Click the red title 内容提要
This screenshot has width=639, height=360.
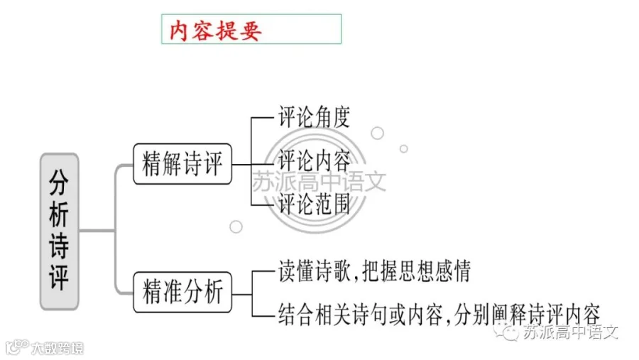pyautogui.click(x=215, y=30)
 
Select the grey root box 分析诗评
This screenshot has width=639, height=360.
pyautogui.click(x=60, y=231)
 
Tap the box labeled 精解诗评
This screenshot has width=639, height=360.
pyautogui.click(x=182, y=164)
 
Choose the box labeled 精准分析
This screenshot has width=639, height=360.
pyautogui.click(x=182, y=293)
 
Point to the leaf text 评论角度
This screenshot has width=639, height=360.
pyautogui.click(x=314, y=117)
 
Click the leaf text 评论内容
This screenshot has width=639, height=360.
pyautogui.click(x=314, y=160)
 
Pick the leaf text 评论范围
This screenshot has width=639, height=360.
pyautogui.click(x=314, y=204)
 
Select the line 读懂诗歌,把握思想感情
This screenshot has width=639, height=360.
pyautogui.click(x=374, y=271)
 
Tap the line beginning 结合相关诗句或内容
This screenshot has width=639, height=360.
pyautogui.click(x=439, y=315)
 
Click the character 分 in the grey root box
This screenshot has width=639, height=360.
pyautogui.click(x=59, y=182)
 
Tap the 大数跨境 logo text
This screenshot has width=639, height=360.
pyautogui.click(x=57, y=348)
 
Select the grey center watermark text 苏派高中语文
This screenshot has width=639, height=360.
pyautogui.click(x=319, y=182)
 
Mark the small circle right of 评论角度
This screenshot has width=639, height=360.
pyautogui.click(x=378, y=133)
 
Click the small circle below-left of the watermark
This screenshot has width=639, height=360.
pyautogui.click(x=236, y=227)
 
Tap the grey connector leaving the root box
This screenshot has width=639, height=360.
pyautogui.click(x=97, y=231)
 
